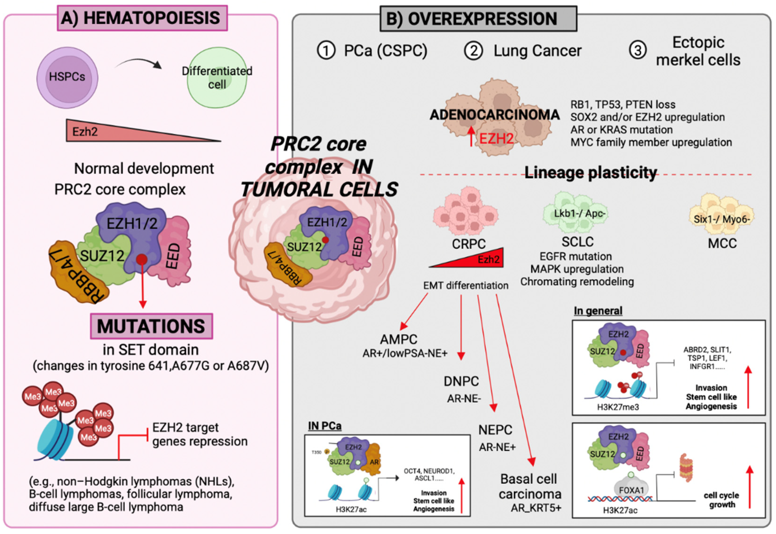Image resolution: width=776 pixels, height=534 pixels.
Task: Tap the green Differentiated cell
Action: point(217,78)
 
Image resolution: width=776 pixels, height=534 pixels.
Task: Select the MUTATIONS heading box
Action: point(151,326)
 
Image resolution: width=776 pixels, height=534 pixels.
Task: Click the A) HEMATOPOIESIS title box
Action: point(142,18)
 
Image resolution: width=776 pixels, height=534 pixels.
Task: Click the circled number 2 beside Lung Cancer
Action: point(473,51)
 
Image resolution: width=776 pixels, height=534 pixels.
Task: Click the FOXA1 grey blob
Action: point(631,490)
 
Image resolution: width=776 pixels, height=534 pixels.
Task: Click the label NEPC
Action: point(495,430)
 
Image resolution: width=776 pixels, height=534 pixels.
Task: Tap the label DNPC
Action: point(461,381)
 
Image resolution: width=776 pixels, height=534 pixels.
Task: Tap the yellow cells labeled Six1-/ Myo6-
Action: point(722,214)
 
